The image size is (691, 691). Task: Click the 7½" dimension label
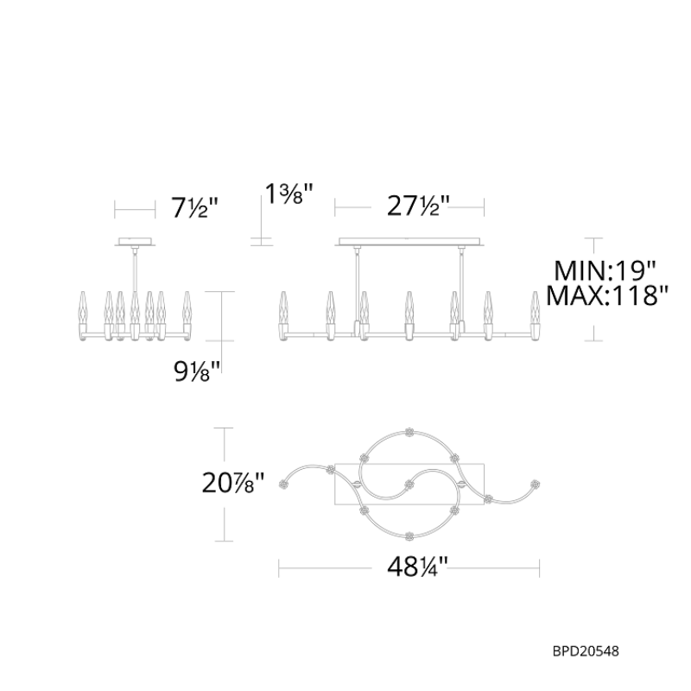tap(195, 208)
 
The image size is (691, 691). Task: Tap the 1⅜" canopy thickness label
tap(289, 193)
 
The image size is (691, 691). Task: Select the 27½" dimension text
tap(418, 206)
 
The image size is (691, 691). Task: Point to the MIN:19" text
tap(605, 270)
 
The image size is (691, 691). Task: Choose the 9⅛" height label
tap(197, 371)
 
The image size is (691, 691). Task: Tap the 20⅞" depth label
tap(232, 483)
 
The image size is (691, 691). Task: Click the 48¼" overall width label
tap(417, 567)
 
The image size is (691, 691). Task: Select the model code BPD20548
tap(586, 651)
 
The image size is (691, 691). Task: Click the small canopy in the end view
tap(135, 242)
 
